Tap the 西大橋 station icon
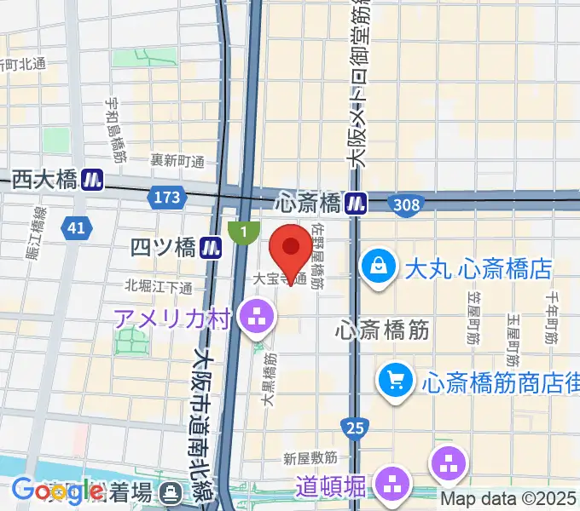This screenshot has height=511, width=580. tap(92, 180)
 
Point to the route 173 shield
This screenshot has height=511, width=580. tap(167, 198)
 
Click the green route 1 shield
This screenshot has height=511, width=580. tap(244, 230)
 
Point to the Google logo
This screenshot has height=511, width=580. tap(57, 491)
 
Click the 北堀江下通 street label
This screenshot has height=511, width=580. tap(159, 286)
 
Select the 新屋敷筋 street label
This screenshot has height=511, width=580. tap(310, 458)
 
